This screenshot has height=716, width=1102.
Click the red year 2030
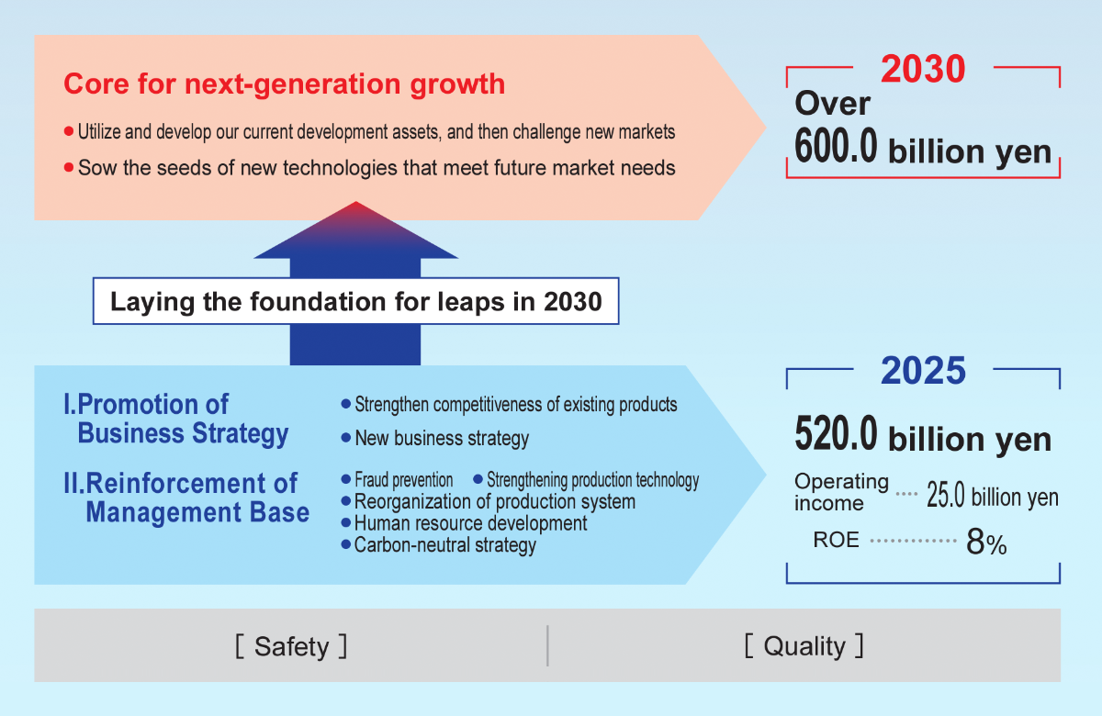click(x=923, y=69)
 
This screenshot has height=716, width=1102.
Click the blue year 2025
click(x=923, y=370)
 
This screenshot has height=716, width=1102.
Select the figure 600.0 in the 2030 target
click(x=836, y=146)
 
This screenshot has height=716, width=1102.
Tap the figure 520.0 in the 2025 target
click(x=836, y=433)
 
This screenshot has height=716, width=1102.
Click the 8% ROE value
click(x=986, y=542)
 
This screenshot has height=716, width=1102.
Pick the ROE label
click(x=836, y=540)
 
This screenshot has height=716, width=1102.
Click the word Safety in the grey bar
click(x=291, y=646)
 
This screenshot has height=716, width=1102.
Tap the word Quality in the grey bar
click(x=804, y=646)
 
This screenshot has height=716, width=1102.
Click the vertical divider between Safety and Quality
click(x=547, y=645)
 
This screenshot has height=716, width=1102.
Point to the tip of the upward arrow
click(x=355, y=202)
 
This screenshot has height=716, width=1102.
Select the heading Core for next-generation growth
click(x=285, y=84)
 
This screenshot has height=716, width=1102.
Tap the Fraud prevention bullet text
click(x=403, y=479)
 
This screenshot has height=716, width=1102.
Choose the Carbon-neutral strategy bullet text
click(x=444, y=545)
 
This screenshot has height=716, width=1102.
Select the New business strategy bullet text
click(x=442, y=438)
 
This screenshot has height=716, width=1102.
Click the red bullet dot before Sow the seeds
click(x=69, y=168)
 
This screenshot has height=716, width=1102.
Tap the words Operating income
click(x=841, y=492)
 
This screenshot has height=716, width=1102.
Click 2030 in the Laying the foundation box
click(x=573, y=301)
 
